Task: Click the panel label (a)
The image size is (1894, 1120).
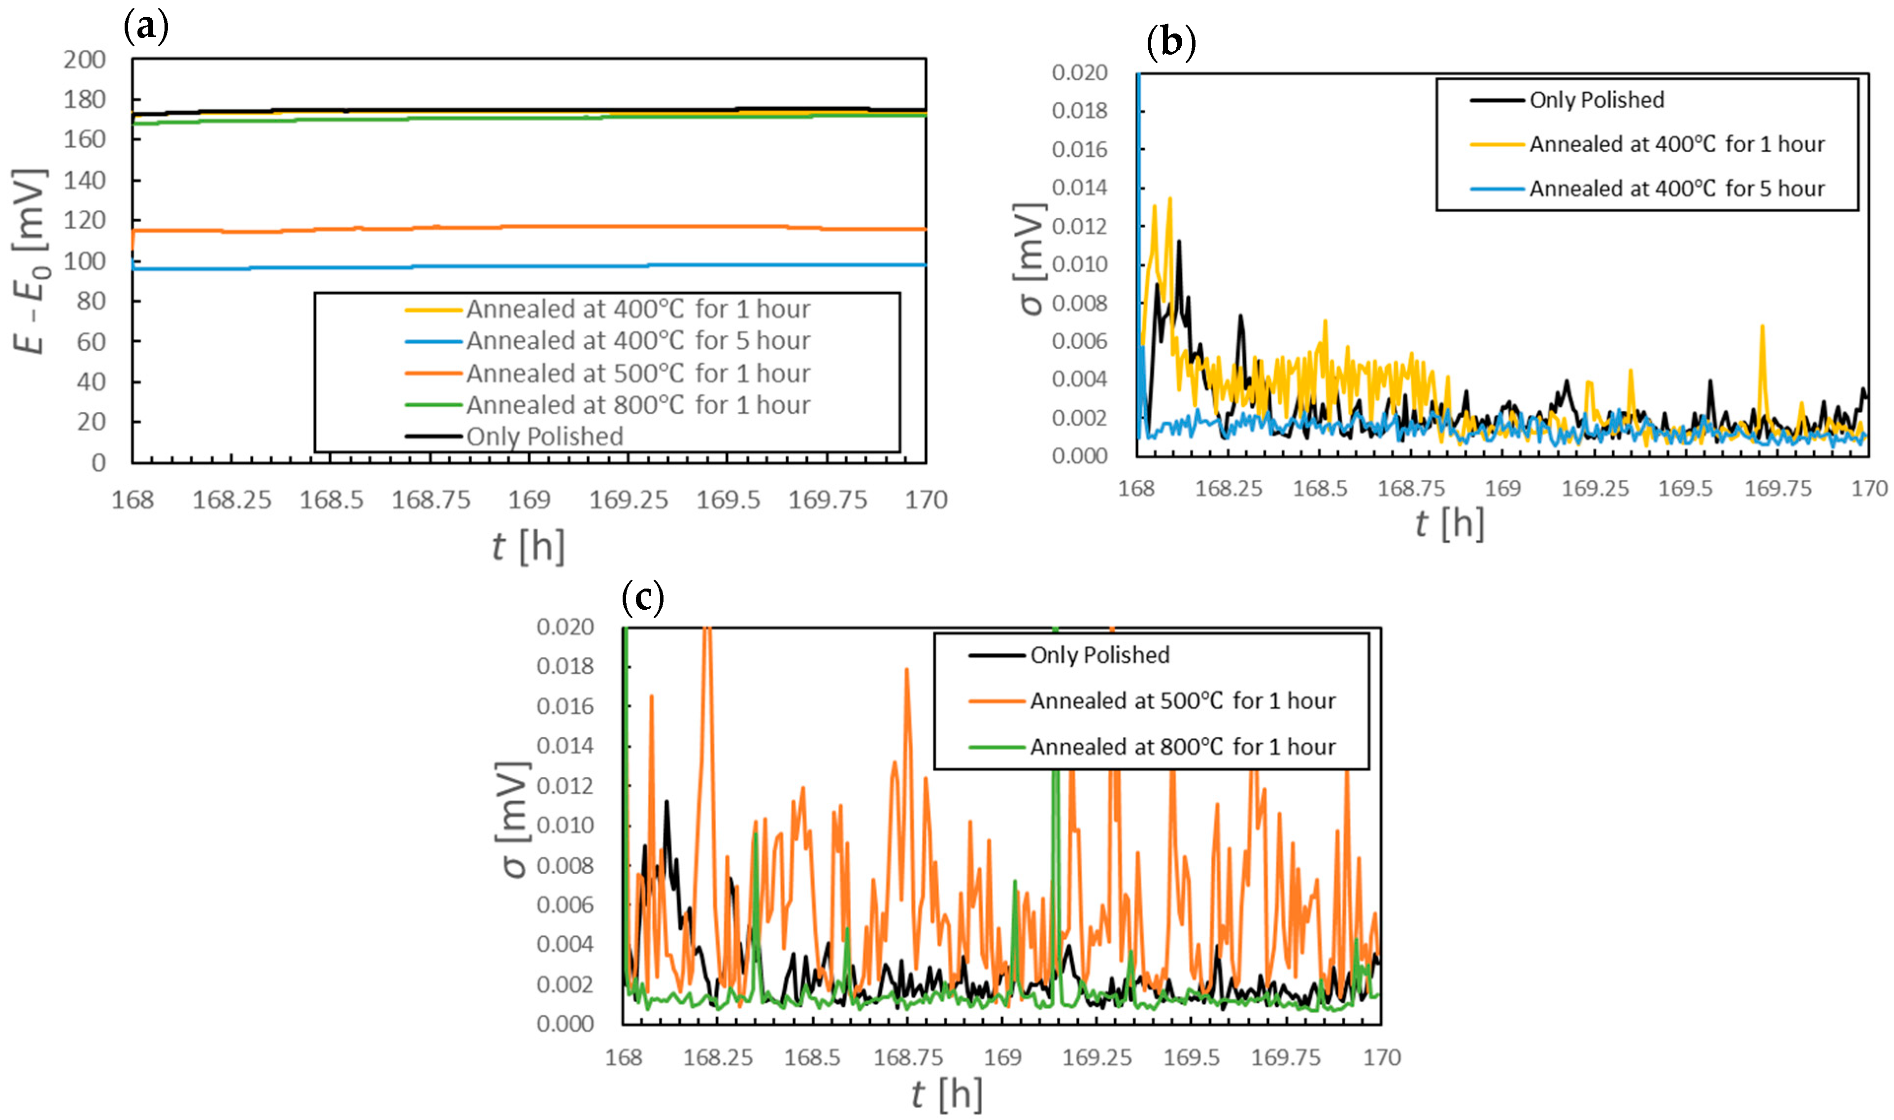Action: [146, 27]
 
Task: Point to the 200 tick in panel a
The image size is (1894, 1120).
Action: [85, 60]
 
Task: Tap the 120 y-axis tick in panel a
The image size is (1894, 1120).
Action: [85, 220]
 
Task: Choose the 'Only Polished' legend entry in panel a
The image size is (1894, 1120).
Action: [544, 436]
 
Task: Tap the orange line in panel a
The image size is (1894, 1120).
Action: [528, 227]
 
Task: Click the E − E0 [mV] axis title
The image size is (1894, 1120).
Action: [30, 261]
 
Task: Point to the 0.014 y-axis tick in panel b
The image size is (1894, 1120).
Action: [1079, 187]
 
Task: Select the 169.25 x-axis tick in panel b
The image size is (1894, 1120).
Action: [1595, 488]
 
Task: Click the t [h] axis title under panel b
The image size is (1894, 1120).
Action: [1449, 523]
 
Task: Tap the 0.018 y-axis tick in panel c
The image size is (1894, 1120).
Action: [565, 666]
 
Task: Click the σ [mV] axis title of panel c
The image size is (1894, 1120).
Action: [514, 819]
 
